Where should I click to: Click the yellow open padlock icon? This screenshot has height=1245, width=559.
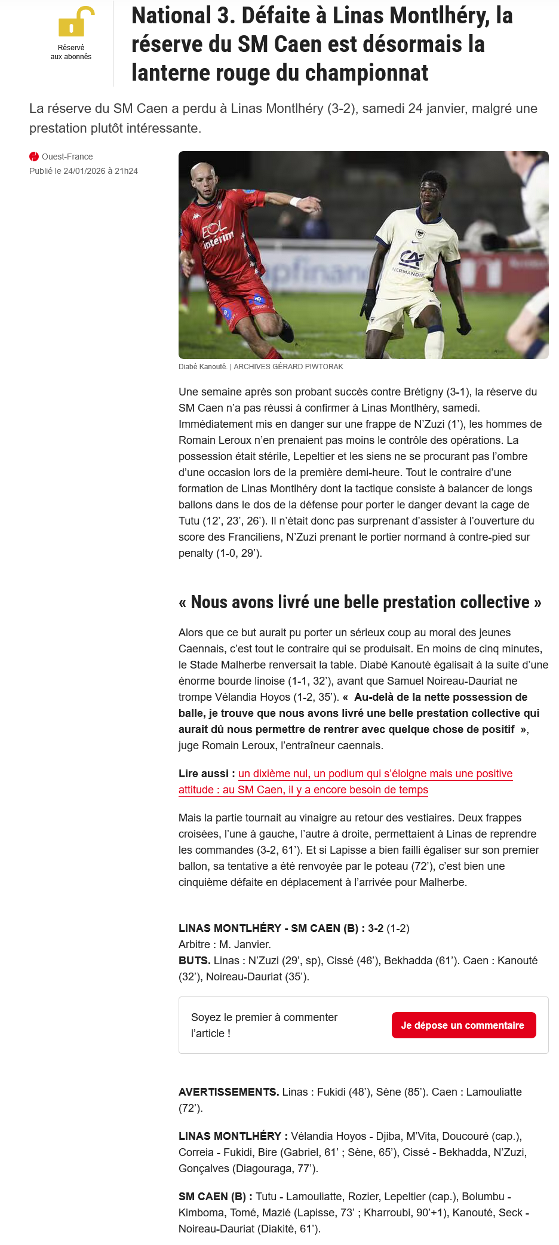(x=75, y=23)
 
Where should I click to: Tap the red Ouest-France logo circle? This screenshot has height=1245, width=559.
(x=34, y=157)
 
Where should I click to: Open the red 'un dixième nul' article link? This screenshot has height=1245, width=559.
(x=375, y=774)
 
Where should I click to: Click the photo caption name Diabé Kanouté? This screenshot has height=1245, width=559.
(x=202, y=367)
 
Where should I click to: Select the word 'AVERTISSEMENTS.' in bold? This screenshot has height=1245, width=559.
(x=229, y=1092)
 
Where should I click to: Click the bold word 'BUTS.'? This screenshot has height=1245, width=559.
(x=194, y=961)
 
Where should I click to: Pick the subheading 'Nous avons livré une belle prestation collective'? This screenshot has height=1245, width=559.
(x=360, y=602)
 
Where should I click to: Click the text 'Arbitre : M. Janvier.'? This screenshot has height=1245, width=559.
(x=225, y=945)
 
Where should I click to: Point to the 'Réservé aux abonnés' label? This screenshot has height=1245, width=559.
(x=71, y=52)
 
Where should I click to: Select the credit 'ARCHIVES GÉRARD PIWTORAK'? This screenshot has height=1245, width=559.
(x=288, y=367)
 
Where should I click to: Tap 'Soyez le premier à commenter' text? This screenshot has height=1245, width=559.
(x=264, y=1017)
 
